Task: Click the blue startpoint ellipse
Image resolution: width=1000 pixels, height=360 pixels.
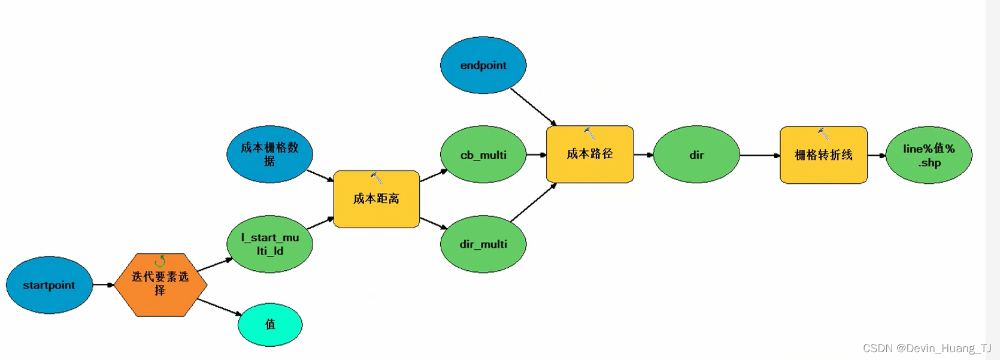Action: [49, 285]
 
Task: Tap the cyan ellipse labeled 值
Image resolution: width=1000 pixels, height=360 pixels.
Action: [270, 325]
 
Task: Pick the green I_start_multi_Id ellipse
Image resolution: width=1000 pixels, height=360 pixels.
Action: [269, 244]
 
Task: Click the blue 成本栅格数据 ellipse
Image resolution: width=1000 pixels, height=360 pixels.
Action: [269, 154]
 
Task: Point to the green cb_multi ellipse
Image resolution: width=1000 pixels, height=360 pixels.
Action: [483, 155]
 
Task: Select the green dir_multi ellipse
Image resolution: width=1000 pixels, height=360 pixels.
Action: [483, 244]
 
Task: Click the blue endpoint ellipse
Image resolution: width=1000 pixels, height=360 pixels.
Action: [483, 65]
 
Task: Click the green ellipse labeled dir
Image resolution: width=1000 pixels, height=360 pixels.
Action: [696, 155]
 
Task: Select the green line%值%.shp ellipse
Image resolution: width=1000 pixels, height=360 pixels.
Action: [929, 155]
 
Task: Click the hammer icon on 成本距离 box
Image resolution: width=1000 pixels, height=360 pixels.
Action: [377, 178]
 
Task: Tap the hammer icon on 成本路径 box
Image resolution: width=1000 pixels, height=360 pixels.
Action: [590, 133]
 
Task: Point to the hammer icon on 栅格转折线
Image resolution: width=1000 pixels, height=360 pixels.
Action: [824, 134]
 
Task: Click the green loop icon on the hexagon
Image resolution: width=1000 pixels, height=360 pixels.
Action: [160, 261]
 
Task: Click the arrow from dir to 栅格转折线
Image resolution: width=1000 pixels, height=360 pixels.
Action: [759, 155]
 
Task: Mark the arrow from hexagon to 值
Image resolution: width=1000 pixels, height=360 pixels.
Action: [219, 307]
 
